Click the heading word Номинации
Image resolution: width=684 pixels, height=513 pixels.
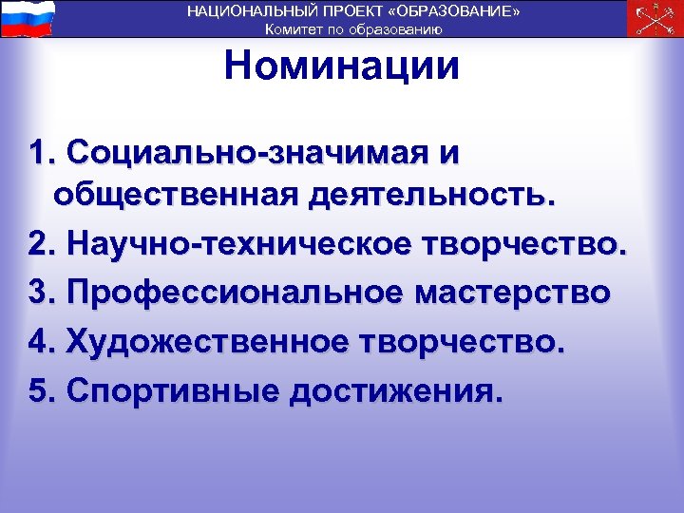pos(342,66)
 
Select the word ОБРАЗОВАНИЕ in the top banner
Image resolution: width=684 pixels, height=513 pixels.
pos(458,10)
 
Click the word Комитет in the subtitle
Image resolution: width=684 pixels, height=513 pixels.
pos(294,28)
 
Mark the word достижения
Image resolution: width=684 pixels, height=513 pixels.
pos(392,389)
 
